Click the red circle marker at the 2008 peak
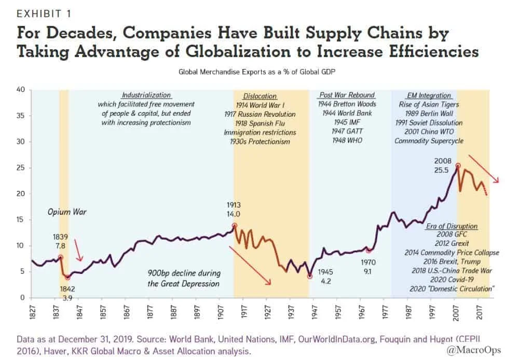pyautogui.click(x=458, y=166)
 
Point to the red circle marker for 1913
pyautogui.click(x=234, y=225)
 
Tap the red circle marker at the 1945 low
pyautogui.click(x=310, y=276)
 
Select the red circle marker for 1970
pyautogui.click(x=368, y=250)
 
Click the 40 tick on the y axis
pyautogui.click(x=22, y=89)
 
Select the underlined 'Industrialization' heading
pyautogui.click(x=146, y=95)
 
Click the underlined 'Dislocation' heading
pyautogui.click(x=260, y=96)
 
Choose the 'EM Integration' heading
pyautogui.click(x=428, y=95)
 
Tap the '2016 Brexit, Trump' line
pyautogui.click(x=452, y=261)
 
